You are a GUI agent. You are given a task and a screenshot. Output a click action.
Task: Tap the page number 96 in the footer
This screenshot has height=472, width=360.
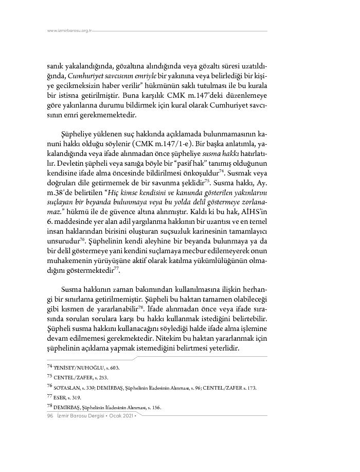tap(50, 415)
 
